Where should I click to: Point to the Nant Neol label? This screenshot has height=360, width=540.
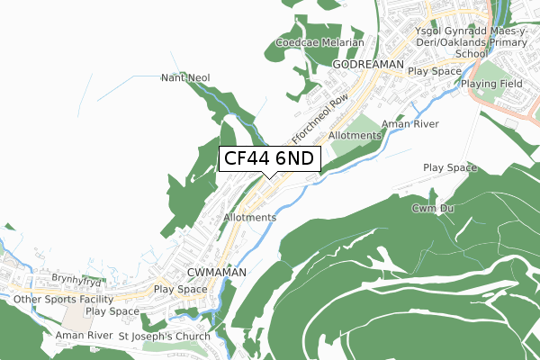click(x=185, y=78)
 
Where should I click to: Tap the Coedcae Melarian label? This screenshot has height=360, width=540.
click(x=320, y=43)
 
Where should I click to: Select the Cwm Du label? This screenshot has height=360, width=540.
click(x=430, y=209)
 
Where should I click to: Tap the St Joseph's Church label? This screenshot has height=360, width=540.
click(x=164, y=337)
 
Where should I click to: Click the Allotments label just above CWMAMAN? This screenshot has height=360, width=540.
click(x=250, y=218)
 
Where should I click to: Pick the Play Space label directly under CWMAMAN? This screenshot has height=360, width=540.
click(x=180, y=290)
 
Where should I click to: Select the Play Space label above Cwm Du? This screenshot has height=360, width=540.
click(x=450, y=168)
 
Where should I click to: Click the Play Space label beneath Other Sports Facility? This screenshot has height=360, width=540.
click(x=112, y=311)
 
